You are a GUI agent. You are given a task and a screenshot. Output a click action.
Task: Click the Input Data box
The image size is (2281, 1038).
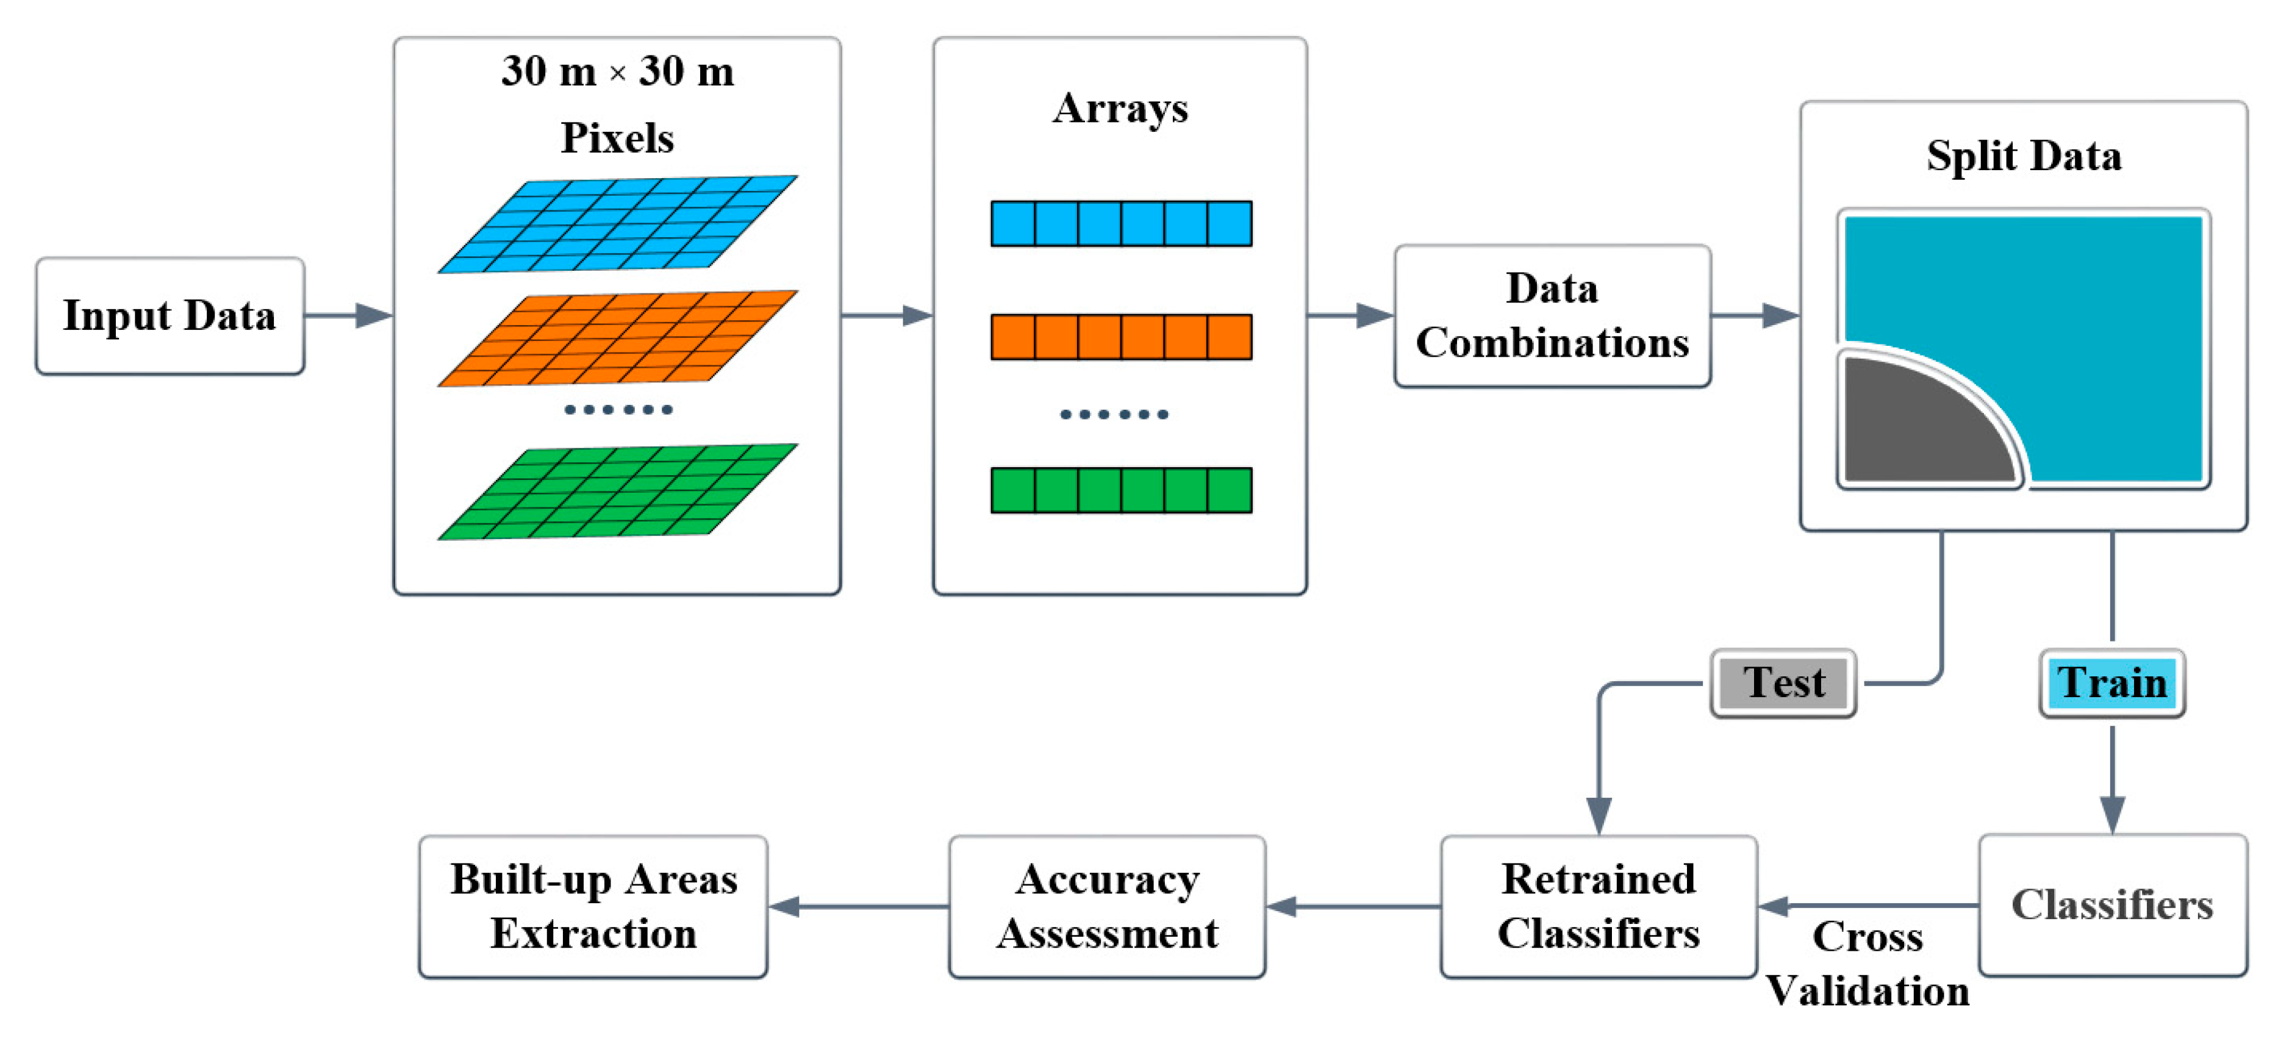(x=170, y=316)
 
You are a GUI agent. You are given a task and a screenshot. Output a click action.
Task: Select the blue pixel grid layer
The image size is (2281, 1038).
(x=617, y=224)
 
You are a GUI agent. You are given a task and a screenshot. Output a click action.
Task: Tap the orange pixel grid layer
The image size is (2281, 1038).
(x=617, y=338)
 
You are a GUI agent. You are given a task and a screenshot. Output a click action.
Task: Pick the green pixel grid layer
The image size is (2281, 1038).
(x=617, y=492)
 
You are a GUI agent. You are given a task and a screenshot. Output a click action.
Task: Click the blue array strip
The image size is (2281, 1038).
(x=1121, y=223)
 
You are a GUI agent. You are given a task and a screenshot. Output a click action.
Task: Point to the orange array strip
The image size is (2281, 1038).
(x=1121, y=337)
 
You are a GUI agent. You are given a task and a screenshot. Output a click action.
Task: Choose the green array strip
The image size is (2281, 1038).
(x=1121, y=490)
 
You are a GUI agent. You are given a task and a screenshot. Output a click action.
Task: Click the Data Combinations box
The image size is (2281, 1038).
(x=1552, y=316)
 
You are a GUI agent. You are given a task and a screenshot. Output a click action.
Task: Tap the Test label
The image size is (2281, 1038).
(x=1783, y=683)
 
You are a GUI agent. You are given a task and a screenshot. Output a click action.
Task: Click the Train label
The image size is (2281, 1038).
(x=2112, y=683)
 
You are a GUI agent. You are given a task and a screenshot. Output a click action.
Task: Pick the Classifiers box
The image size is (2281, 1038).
(x=2112, y=905)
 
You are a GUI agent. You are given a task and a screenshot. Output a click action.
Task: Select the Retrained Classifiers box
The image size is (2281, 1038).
(x=1599, y=906)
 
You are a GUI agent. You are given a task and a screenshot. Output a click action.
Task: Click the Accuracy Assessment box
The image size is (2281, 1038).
(x=1107, y=906)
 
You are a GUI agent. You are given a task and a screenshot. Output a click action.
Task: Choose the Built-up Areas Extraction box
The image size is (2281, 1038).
(x=593, y=906)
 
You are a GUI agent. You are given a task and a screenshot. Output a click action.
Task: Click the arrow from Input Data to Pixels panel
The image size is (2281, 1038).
(x=349, y=315)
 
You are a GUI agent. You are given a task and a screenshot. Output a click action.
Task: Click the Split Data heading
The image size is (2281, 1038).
(x=2024, y=156)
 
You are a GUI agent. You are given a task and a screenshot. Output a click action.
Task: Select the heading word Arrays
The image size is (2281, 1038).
(x=1120, y=109)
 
